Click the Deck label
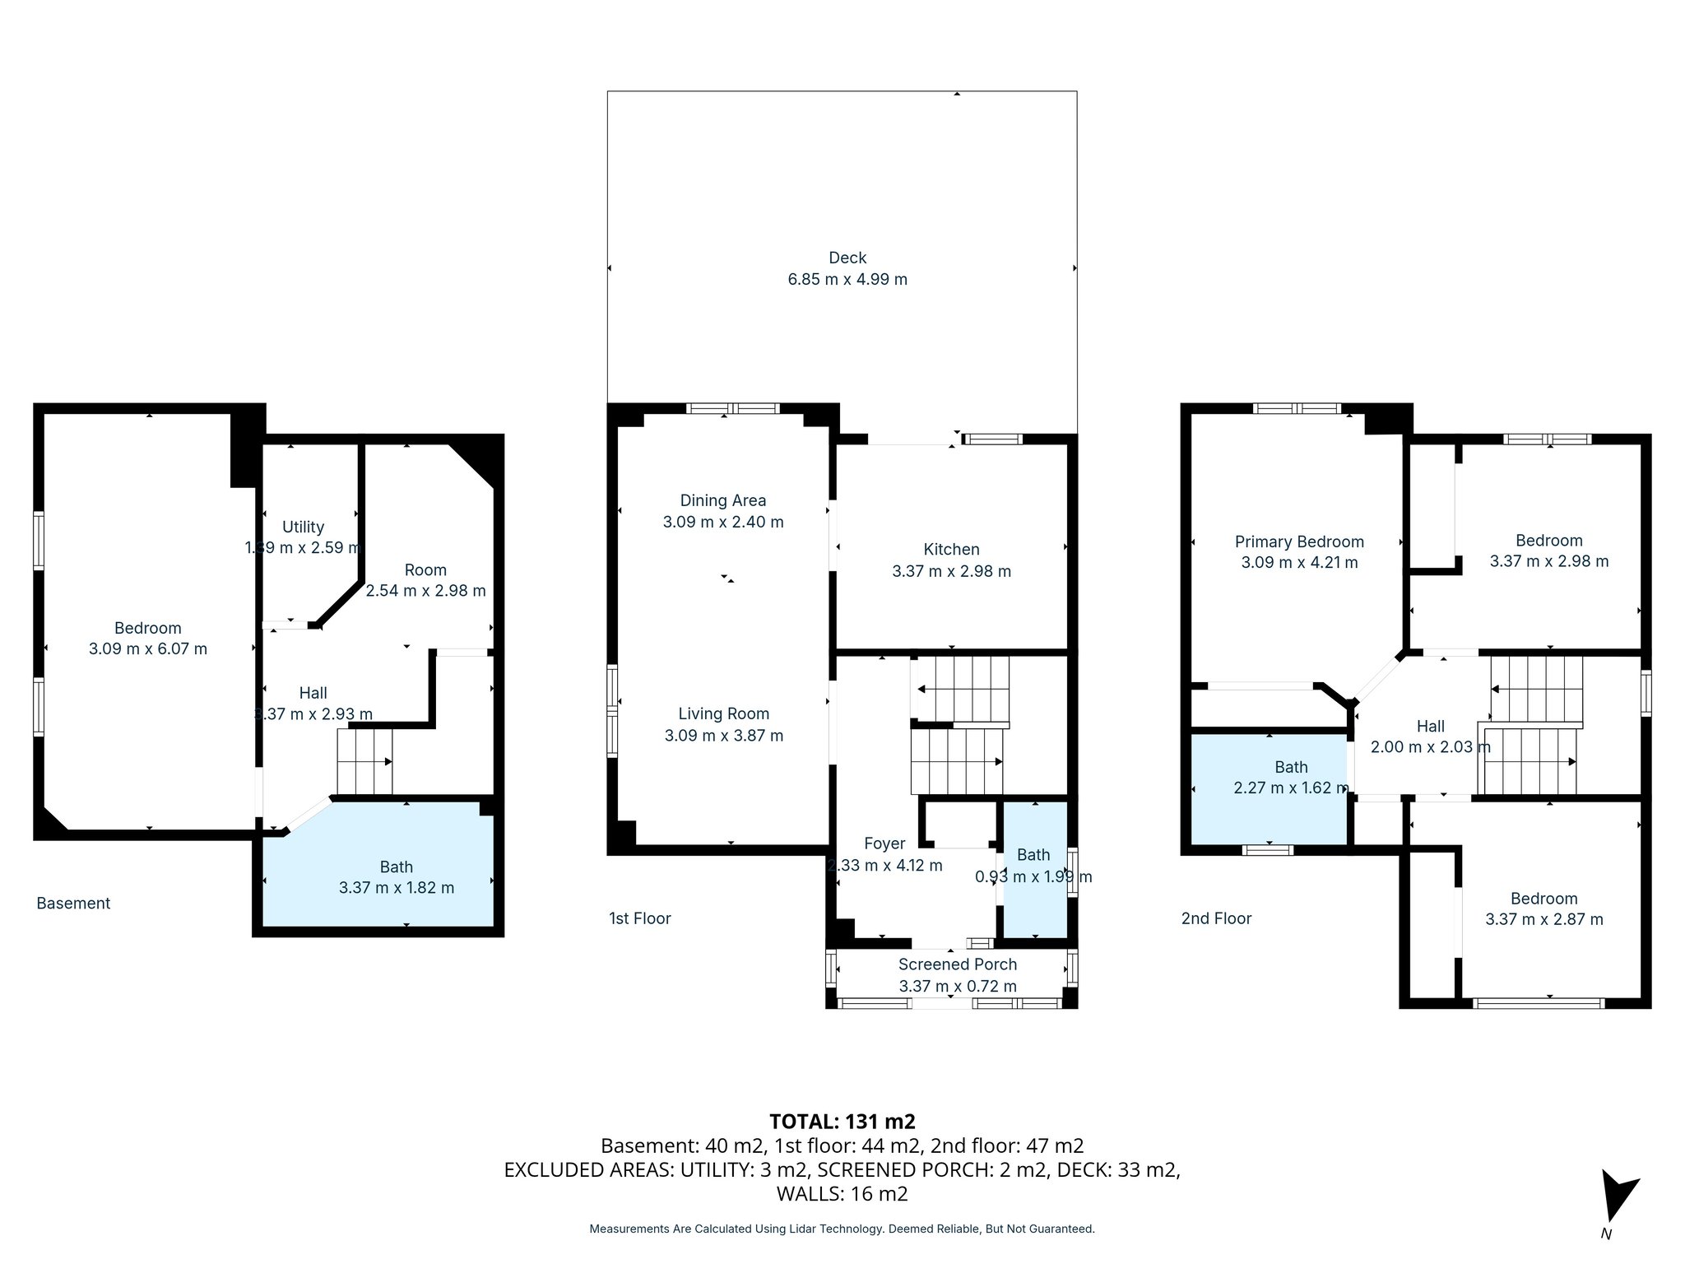847,258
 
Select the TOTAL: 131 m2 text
842,1122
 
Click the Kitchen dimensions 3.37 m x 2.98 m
951,571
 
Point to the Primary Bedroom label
1299,541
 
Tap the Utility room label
303,527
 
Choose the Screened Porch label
957,964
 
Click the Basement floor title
73,904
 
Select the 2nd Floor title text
1216,918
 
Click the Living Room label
723,714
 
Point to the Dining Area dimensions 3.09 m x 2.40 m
723,522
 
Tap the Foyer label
884,843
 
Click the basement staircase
364,762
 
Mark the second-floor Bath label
1291,767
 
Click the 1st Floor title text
640,918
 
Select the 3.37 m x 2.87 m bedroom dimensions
1543,919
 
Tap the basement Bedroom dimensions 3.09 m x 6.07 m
148,648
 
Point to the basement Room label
425,570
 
